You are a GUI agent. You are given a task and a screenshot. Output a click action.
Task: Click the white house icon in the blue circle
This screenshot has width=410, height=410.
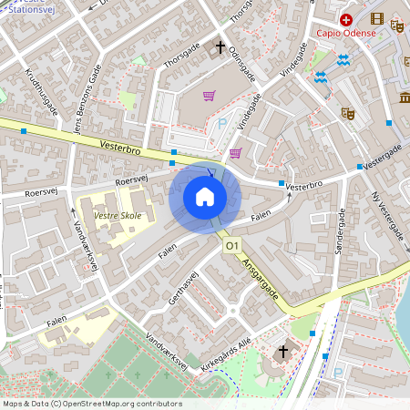pyautogui.click(x=205, y=196)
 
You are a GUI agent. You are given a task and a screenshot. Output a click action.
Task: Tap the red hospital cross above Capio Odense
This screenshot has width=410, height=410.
pyautogui.click(x=346, y=19)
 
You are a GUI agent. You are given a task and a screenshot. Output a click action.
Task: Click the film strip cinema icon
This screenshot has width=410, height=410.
pyautogui.click(x=376, y=18)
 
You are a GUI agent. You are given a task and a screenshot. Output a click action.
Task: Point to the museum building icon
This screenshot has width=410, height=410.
pyautogui.click(x=405, y=97)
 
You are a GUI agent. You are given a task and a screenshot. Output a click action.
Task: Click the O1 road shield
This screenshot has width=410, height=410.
pyautogui.click(x=231, y=246)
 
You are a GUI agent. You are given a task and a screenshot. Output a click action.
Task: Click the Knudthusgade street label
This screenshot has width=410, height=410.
pyautogui.click(x=41, y=91)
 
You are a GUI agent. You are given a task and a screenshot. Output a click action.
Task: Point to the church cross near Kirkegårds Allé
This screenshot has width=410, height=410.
pyautogui.click(x=282, y=351)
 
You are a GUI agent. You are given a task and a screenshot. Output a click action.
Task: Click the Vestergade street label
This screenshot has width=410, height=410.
pyautogui.click(x=384, y=161)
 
